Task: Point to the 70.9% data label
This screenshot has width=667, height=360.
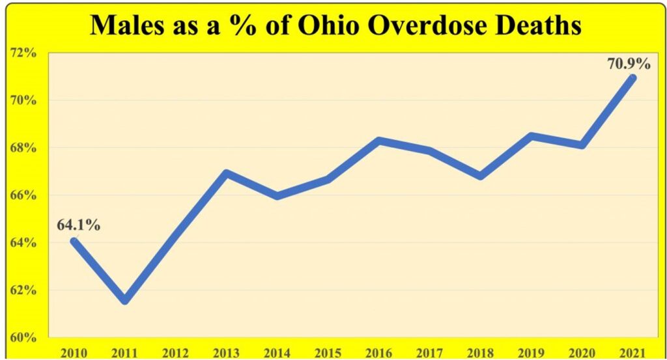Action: click(x=629, y=64)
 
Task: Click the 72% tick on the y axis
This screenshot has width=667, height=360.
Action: click(x=23, y=53)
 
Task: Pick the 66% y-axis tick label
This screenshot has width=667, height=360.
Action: click(x=23, y=195)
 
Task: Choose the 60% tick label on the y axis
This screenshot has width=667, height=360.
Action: click(x=23, y=337)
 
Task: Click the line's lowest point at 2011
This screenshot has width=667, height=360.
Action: click(x=125, y=301)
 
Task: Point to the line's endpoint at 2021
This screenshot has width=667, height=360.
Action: click(x=632, y=78)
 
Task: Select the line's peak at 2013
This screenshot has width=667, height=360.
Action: click(x=226, y=173)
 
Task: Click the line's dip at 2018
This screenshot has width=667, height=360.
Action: click(x=481, y=176)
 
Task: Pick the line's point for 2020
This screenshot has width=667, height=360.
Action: click(x=582, y=145)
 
